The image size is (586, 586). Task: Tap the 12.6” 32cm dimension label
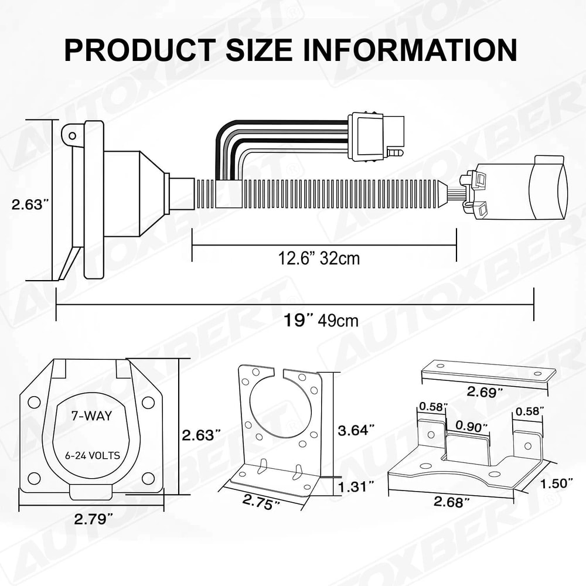coord(318,258)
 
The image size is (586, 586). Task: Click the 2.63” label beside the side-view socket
coord(30,205)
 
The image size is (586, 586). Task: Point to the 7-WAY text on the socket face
coord(91,417)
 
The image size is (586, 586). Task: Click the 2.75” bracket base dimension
coord(261,502)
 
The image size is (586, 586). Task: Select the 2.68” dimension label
coord(452,502)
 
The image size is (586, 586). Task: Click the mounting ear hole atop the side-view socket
coord(72,136)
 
